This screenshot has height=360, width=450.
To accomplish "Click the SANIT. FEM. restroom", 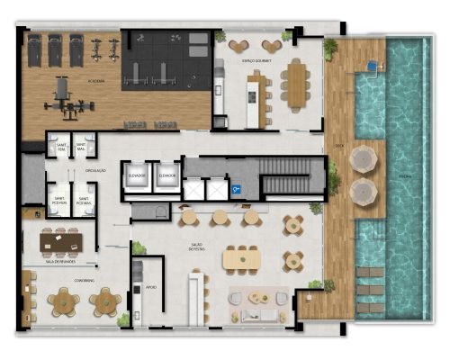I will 60,148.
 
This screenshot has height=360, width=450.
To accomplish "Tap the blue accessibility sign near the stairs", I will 236,191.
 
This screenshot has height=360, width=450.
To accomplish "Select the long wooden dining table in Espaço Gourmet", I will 296,84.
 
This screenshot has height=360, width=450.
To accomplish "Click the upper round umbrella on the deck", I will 362,160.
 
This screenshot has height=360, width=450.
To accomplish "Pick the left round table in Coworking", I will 66,301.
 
